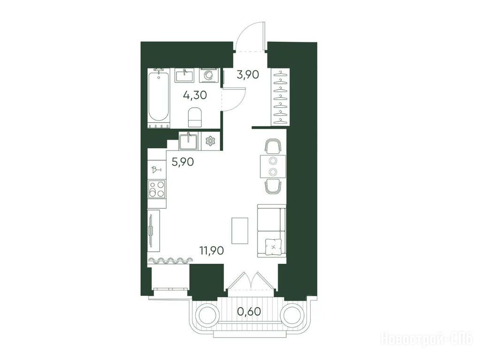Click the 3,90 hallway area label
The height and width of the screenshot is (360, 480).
(248, 75)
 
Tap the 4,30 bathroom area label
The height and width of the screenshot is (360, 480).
(195, 95)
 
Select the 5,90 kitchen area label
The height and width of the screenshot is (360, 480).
(183, 162)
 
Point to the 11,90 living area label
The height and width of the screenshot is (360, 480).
(212, 251)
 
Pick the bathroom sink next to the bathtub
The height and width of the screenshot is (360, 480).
(184, 75)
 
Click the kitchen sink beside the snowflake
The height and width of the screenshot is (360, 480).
(188, 141)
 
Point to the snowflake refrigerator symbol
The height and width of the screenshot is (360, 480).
(210, 141)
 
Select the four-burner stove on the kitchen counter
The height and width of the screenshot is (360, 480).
(157, 189)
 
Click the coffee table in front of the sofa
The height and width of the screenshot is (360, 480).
(240, 230)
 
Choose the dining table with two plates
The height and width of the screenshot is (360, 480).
(273, 166)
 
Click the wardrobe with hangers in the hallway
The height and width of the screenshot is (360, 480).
(281, 97)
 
